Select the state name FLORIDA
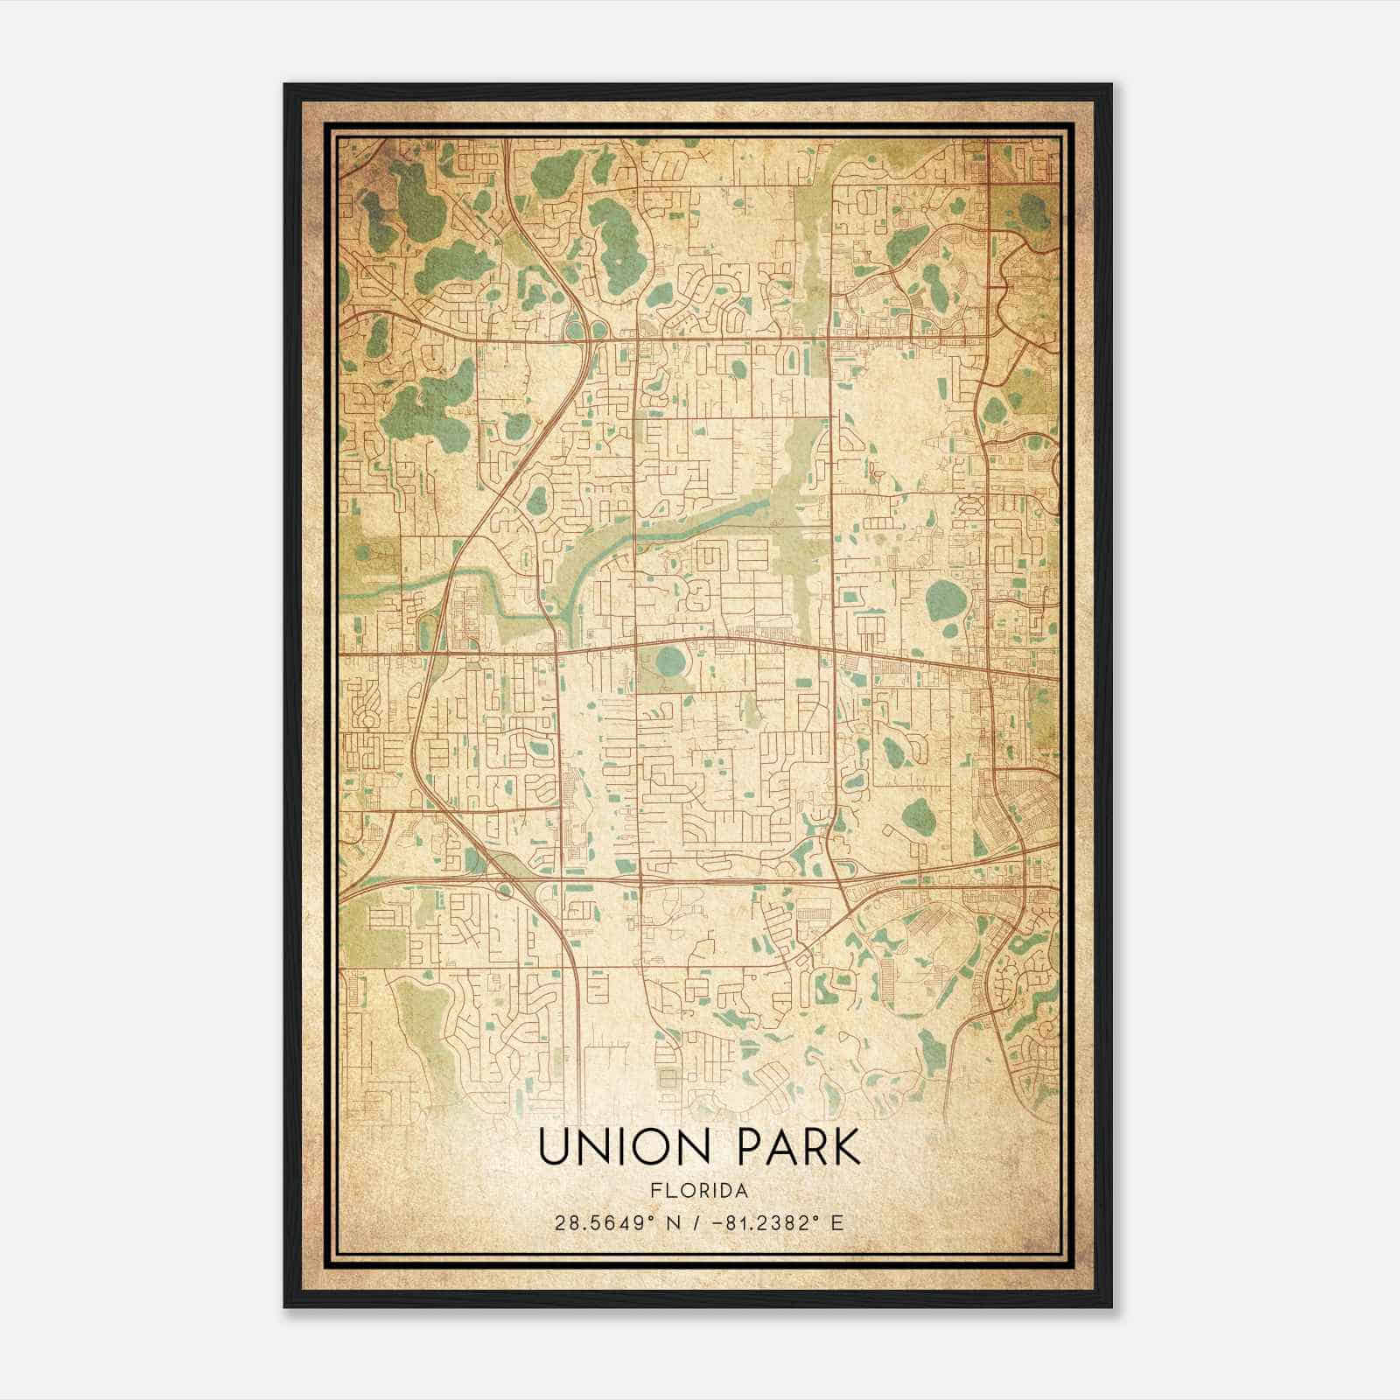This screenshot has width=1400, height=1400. [698, 1191]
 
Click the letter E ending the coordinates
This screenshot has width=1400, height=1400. [837, 1223]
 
